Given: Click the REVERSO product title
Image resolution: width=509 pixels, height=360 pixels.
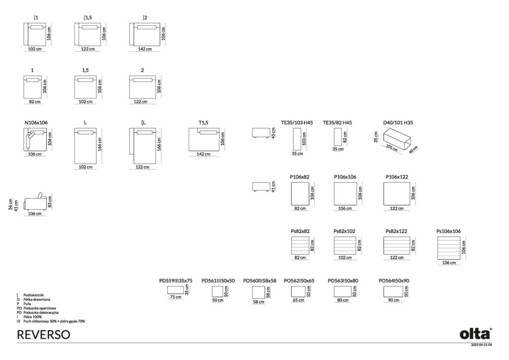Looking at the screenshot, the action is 44,335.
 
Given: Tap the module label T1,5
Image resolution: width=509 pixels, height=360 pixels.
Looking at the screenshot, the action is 203,123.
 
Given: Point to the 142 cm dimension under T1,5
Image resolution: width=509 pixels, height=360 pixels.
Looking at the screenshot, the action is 203,154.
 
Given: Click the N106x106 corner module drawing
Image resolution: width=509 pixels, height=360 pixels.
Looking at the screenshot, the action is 35,139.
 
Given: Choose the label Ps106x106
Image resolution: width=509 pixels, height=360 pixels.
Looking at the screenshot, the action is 448,231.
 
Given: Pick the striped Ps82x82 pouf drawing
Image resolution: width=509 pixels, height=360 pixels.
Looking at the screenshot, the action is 300,246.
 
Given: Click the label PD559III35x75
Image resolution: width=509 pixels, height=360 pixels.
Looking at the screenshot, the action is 175,281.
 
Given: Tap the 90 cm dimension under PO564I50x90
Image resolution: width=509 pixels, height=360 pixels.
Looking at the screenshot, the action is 394,300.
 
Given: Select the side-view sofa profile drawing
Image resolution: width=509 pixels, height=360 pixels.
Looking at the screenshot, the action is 35,202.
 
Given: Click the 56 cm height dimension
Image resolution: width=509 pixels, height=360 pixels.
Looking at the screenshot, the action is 10,204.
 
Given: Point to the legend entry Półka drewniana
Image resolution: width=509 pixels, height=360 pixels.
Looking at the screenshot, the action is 37,300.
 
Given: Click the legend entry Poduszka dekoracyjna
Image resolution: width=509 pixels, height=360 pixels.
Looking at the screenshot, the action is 41,313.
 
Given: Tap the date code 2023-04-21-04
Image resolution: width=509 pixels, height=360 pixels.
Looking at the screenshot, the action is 481,345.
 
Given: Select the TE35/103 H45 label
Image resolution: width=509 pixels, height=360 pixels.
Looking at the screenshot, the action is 297,123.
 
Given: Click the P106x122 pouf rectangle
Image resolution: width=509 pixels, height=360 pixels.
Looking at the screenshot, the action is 397,194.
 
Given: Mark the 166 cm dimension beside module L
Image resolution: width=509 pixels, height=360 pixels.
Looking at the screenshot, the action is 99,144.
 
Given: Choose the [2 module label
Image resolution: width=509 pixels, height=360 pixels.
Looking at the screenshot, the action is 145,17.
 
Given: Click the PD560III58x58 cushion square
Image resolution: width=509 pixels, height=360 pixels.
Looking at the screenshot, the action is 258,292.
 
